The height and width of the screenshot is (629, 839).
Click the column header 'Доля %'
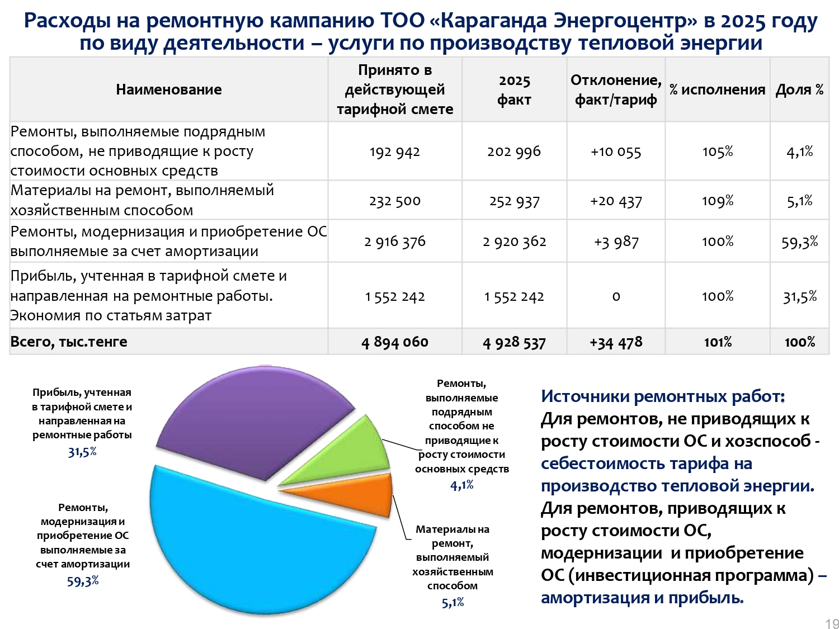click(x=799, y=89)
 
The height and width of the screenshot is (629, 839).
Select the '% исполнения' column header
click(x=717, y=89)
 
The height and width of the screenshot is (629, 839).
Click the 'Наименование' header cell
click(x=168, y=89)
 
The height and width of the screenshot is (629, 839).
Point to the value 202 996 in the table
click(x=514, y=152)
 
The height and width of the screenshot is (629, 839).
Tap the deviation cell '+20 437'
click(x=616, y=201)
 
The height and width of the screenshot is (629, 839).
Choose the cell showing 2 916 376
click(x=395, y=242)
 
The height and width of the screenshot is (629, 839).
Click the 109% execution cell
click(x=717, y=201)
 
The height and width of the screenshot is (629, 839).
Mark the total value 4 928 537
click(x=514, y=342)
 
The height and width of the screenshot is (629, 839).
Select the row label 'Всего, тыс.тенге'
click(x=69, y=342)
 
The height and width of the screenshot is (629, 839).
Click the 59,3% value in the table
click(x=799, y=242)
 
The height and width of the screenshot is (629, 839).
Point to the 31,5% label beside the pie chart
click(x=82, y=452)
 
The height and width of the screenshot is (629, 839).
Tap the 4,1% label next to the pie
click(x=462, y=485)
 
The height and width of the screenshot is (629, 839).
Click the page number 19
click(x=832, y=623)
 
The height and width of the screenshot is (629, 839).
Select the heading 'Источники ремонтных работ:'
click(x=663, y=396)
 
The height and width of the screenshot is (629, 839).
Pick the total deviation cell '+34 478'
click(x=616, y=342)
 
